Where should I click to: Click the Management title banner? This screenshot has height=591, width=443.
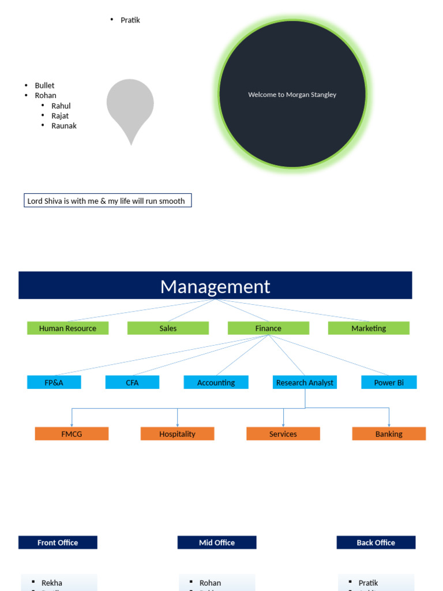[x=215, y=286]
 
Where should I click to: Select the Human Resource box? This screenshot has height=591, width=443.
[x=67, y=328]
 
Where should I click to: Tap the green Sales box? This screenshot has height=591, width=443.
[x=168, y=328]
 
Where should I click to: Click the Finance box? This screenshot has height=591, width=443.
[x=268, y=328]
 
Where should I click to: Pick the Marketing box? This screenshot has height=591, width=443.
[x=369, y=328]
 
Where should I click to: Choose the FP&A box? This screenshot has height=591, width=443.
[x=54, y=382]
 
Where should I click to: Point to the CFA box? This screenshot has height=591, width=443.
[x=132, y=382]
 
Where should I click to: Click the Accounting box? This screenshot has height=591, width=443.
[x=216, y=382]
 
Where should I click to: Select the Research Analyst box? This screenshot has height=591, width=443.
[x=305, y=382]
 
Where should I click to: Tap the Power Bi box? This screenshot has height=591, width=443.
[x=389, y=382]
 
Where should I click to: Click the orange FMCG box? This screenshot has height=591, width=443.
[x=72, y=434]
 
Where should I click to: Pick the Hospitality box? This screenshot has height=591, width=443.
[x=177, y=434]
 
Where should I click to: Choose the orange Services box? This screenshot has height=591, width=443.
[x=283, y=434]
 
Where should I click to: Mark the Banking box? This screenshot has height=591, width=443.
[x=389, y=434]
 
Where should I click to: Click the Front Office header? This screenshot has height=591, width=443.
[x=58, y=543]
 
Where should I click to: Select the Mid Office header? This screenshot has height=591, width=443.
[x=217, y=543]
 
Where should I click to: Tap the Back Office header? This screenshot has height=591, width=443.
[x=376, y=543]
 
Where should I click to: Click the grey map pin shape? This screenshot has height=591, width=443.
[x=130, y=104]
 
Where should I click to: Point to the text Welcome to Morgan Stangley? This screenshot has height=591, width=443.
[x=292, y=95]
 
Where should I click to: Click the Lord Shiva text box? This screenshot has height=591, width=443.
[x=107, y=201]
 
